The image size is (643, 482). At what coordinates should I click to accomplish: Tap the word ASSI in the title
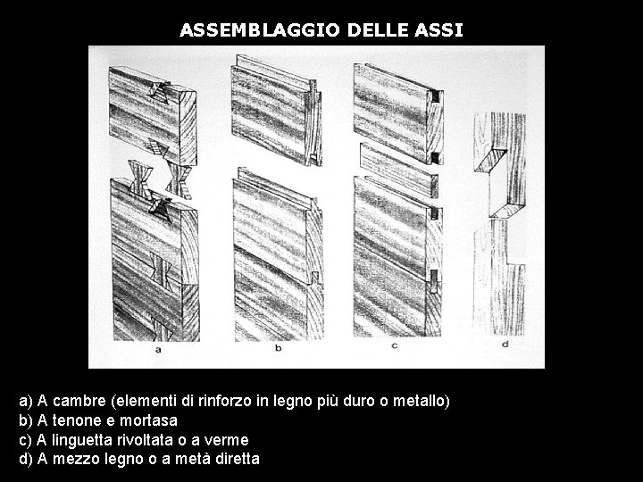(x=438, y=30)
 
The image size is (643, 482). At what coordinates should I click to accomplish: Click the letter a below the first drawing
(x=158, y=350)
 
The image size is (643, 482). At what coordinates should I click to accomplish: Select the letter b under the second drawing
(x=279, y=348)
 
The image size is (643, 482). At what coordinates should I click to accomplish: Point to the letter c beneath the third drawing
(x=395, y=346)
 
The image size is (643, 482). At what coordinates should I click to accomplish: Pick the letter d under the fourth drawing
(x=505, y=344)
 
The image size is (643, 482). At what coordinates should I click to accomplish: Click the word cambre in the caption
(x=79, y=401)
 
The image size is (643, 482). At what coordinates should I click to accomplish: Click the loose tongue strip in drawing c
(x=398, y=170)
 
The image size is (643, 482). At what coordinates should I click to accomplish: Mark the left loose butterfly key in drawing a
(x=140, y=179)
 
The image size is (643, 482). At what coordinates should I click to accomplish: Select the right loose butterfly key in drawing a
(x=180, y=179)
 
